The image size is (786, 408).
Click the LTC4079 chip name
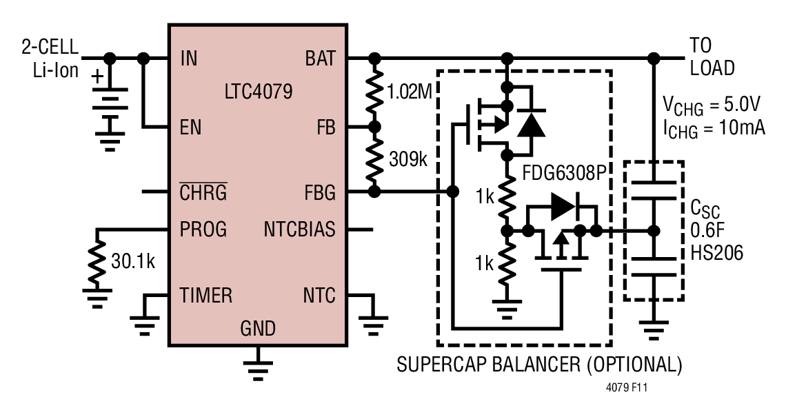click(x=258, y=91)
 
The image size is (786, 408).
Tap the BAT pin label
click(x=321, y=59)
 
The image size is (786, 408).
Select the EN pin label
click(x=190, y=127)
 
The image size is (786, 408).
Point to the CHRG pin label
click(x=203, y=192)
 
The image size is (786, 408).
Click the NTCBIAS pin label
click(x=299, y=229)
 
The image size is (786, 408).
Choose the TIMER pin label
click(x=206, y=295)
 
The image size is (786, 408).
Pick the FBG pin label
click(x=320, y=192)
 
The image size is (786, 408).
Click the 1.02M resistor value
click(x=410, y=92)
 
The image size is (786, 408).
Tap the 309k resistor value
click(x=408, y=159)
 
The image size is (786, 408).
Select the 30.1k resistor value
click(x=133, y=261)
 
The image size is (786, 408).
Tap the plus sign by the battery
click(x=98, y=76)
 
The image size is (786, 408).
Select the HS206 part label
click(x=717, y=252)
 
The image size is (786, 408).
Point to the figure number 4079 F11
click(x=627, y=387)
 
